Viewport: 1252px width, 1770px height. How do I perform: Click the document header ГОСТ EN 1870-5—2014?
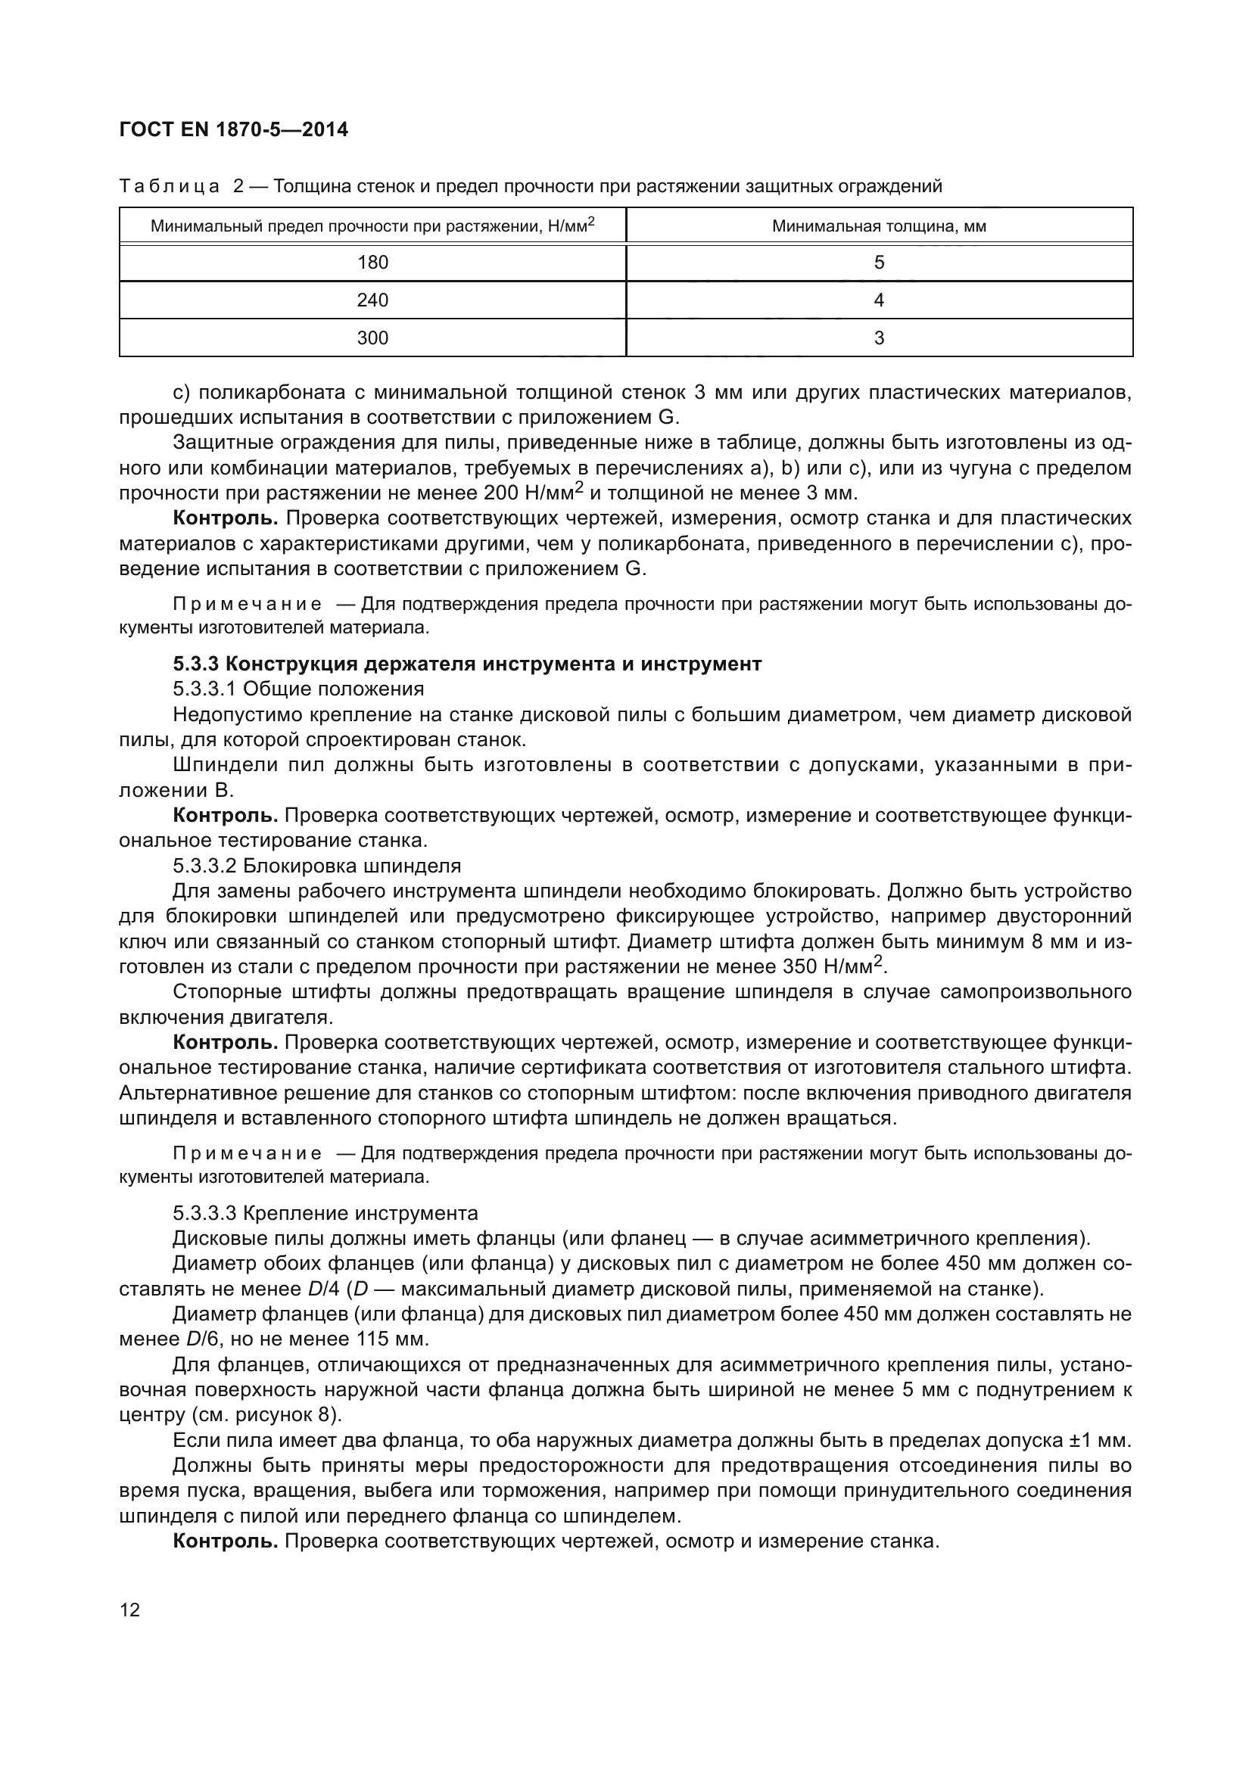coord(234,129)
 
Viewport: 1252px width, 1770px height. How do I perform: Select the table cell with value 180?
coord(372,263)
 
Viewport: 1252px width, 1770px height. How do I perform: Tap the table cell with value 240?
coord(372,300)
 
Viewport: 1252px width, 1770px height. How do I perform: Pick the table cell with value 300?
coord(372,338)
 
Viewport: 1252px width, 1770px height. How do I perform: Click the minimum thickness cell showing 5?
coord(879,263)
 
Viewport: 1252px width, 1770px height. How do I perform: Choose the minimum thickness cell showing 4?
coord(879,300)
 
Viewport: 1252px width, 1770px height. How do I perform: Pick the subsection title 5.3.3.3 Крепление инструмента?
coord(325,1213)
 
